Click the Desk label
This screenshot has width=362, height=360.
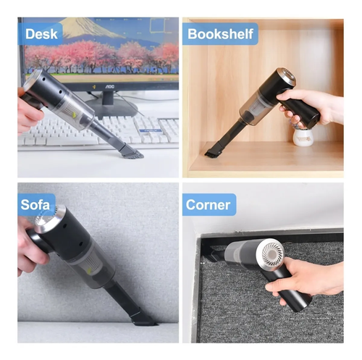coord(41,34)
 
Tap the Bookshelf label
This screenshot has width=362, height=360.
coord(220,34)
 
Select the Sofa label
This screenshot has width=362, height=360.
coord(35,205)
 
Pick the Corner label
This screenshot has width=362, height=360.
coord(208,205)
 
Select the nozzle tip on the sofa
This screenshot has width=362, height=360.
coord(143,319)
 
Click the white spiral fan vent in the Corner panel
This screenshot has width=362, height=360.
coord(271,251)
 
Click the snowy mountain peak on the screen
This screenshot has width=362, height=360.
coord(80,24)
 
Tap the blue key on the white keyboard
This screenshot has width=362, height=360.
coord(150,130)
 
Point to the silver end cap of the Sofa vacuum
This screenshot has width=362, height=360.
coord(49,218)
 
